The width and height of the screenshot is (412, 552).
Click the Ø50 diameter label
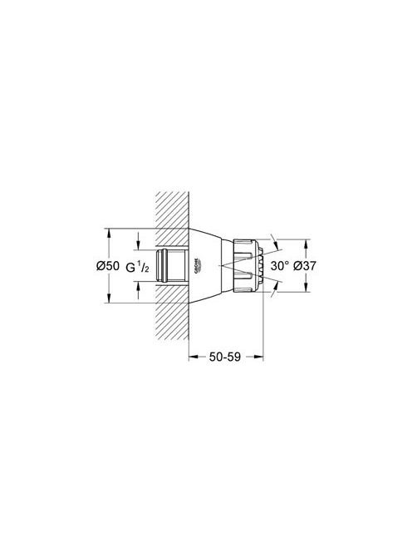(108, 265)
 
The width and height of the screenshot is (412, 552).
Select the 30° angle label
(280, 265)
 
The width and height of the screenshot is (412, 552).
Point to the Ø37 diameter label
(305, 265)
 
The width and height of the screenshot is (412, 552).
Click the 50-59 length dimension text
(225, 357)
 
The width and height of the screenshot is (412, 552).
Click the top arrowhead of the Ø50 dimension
(109, 233)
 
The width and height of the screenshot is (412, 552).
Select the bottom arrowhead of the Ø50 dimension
(109, 298)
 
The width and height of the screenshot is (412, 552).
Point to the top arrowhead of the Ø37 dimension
(307, 244)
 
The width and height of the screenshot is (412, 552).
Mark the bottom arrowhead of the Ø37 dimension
(307, 288)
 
